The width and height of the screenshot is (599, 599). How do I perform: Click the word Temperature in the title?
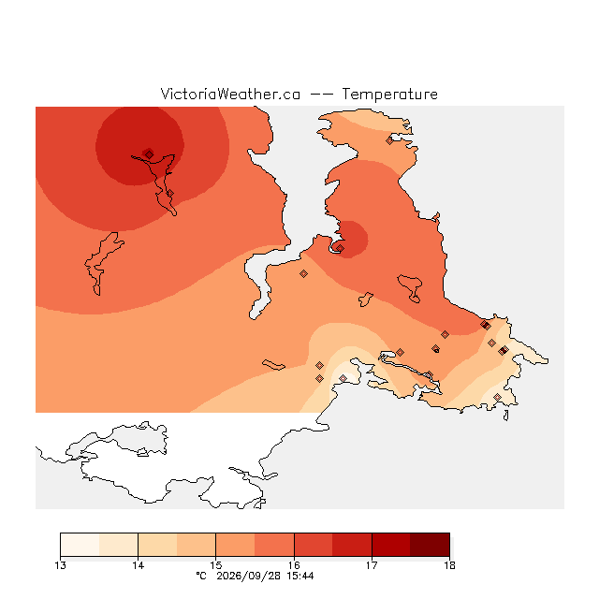coord(389,94)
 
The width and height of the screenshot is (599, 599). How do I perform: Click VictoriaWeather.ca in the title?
coord(230,94)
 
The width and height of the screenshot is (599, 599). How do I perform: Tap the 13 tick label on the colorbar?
coord(60,565)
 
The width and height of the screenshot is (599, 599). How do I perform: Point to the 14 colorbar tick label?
coord(139,565)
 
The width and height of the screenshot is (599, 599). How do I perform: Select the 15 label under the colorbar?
coord(216,565)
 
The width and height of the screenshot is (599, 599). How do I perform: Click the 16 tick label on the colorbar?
coord(294,565)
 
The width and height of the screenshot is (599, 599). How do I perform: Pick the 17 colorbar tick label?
coord(372,565)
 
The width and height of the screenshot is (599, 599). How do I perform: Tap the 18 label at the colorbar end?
coord(449,565)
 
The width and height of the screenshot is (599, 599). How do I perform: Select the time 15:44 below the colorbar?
coord(300,576)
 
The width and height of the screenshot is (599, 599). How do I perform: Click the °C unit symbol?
coord(201,576)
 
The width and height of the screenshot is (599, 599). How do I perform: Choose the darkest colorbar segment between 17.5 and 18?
coord(431,545)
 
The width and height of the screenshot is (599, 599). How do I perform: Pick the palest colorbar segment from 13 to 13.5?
coord(80,545)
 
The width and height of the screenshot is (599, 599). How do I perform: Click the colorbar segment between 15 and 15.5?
coord(235,545)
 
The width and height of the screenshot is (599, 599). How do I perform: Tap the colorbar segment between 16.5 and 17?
coord(352,545)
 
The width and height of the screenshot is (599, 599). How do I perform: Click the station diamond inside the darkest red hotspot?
coord(150,154)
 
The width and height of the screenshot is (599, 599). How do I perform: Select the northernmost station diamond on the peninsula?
coord(389,141)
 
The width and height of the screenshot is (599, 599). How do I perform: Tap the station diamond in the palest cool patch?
coord(343,378)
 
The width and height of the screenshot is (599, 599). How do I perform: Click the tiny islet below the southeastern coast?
coord(505,416)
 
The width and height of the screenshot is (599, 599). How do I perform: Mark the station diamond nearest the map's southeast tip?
coord(497,397)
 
